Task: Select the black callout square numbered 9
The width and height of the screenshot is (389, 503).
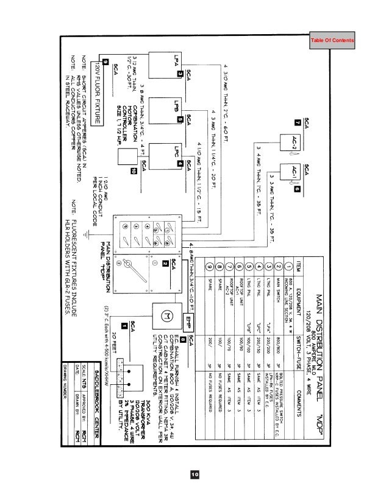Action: [105, 62]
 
